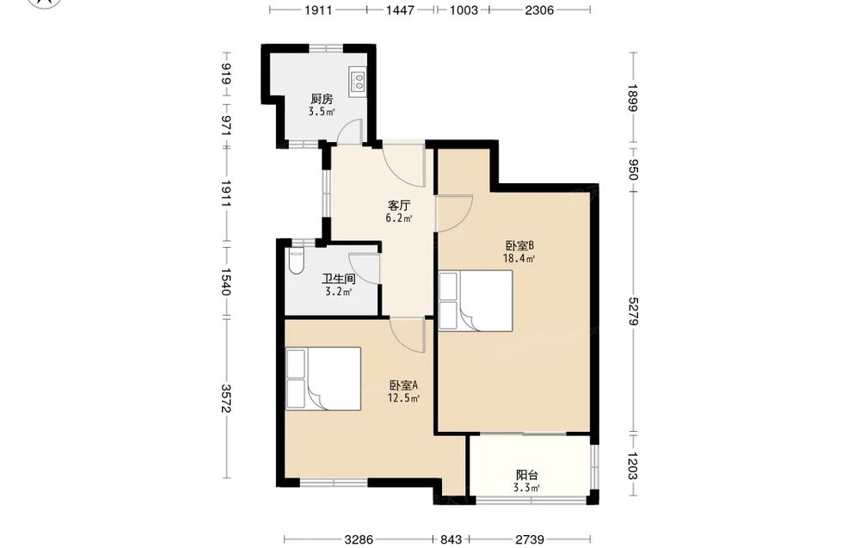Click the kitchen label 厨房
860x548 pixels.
point(322,99)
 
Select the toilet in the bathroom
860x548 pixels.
point(295,262)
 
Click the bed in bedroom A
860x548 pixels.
point(323,379)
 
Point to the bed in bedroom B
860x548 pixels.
point(476,300)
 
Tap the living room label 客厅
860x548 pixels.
point(399,206)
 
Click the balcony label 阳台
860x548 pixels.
point(526,475)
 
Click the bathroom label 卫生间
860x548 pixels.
point(338,279)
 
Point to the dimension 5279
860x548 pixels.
point(634,311)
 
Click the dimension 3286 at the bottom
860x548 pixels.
point(359,539)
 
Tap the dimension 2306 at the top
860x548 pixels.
point(539,9)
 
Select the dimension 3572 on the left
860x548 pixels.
point(225,398)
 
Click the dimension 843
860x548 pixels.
point(451,539)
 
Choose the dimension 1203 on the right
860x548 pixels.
point(634,465)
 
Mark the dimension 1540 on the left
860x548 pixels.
point(225,281)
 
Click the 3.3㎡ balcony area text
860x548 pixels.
point(526,488)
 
